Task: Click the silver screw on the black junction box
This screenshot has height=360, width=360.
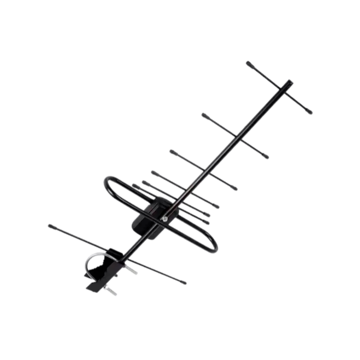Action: click(165, 219)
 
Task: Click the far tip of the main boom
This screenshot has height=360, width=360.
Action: click(289, 82)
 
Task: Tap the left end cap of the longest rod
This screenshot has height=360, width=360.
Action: click(51, 226)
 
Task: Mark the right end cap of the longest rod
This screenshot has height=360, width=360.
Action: click(183, 283)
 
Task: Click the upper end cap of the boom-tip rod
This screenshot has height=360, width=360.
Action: click(249, 63)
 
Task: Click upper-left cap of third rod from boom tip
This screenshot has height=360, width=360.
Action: click(173, 152)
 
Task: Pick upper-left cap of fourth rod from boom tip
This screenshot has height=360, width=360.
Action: click(154, 172)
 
